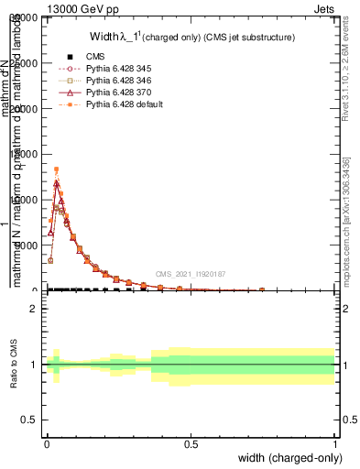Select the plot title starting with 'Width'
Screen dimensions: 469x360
191,38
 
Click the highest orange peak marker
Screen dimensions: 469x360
56,169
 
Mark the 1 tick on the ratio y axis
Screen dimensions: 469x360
33,365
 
